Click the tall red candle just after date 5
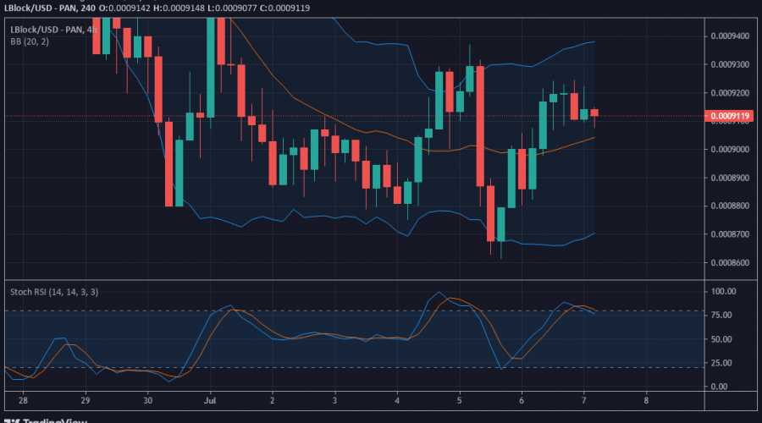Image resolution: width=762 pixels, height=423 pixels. tap(480, 126)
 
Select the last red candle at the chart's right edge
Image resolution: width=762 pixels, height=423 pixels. tap(594, 112)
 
